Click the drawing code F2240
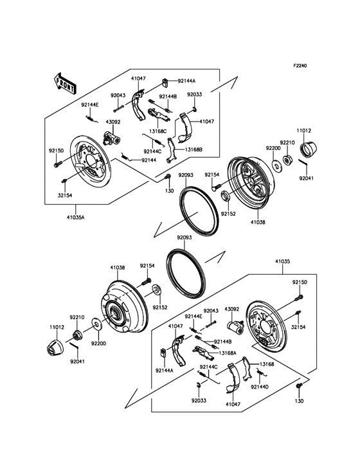pos(300,66)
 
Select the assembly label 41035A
pos(75,217)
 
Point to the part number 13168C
pos(158,131)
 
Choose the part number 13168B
pos(194,149)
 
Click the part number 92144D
pos(260,387)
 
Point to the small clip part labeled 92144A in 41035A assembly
pos(165,81)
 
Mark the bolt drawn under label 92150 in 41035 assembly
pos(300,297)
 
